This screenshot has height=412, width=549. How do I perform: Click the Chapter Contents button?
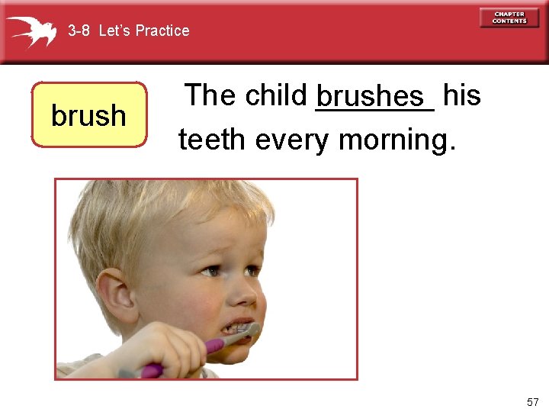pos(509,18)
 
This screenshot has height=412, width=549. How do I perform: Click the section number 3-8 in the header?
pos(79,31)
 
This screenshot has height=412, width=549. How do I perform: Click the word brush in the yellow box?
pos(88,115)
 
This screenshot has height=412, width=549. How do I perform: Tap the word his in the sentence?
pos(461,95)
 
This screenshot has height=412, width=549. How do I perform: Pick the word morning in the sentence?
pos(396,140)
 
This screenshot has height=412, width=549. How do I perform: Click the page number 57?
pos(532,402)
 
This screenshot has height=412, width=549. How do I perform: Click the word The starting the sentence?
pos(210,95)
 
